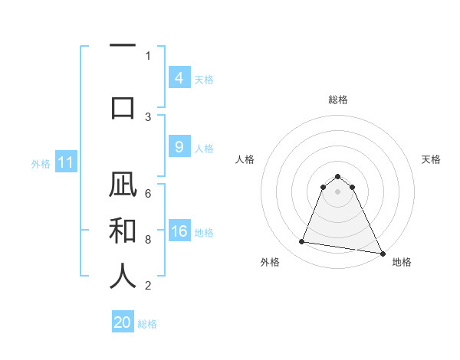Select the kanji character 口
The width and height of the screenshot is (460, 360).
click(x=123, y=106)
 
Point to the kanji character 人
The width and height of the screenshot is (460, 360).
click(x=123, y=275)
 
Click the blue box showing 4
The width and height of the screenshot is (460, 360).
click(x=179, y=78)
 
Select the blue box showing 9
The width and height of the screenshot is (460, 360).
click(x=179, y=147)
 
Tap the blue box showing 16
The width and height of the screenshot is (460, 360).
click(x=179, y=231)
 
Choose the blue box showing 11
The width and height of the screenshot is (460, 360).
click(x=66, y=162)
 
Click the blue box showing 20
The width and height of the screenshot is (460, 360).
click(x=123, y=322)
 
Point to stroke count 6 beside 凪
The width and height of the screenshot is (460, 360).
click(x=148, y=194)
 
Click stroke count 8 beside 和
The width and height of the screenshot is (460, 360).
click(x=148, y=240)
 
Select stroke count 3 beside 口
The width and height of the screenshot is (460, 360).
click(x=148, y=116)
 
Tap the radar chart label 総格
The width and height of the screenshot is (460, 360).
click(x=337, y=100)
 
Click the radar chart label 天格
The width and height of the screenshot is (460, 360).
click(x=431, y=159)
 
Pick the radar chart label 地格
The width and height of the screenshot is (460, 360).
click(x=402, y=262)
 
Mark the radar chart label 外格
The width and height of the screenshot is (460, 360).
click(x=270, y=262)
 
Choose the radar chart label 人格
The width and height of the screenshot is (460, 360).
click(x=245, y=159)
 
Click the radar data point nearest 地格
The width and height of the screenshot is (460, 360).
click(x=383, y=252)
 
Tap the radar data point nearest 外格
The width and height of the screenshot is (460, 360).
click(x=302, y=242)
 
